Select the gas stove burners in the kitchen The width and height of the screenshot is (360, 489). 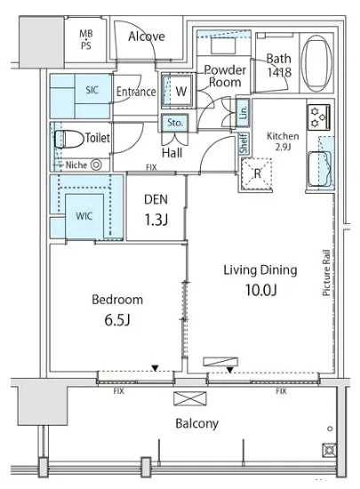pos(318,117)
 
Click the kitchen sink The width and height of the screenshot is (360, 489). pos(319,169)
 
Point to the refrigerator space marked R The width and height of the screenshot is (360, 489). pos(257,173)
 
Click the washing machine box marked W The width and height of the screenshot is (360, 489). pos(178,91)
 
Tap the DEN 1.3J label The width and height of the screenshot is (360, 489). pos(156,210)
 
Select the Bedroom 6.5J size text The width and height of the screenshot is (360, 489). pos(116,320)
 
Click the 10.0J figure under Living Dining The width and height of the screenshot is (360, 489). pos(260,290)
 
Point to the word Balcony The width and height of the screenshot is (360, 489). pos(197,423)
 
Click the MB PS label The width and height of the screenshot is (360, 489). pos(86,40)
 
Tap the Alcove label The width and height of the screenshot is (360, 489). pos(147,36)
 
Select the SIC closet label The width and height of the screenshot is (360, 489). pos(92,90)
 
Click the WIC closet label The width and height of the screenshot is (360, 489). pos(84,216)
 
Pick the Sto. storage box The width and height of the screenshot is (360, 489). pos(174,123)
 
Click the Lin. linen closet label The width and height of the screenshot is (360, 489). pos(244,112)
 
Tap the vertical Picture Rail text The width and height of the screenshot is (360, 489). pos(326,273)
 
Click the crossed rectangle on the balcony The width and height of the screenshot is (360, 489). pos(190,398)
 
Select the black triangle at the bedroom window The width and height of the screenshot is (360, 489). pos(155,368)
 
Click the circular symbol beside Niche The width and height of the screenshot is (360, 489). pos(96,164)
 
